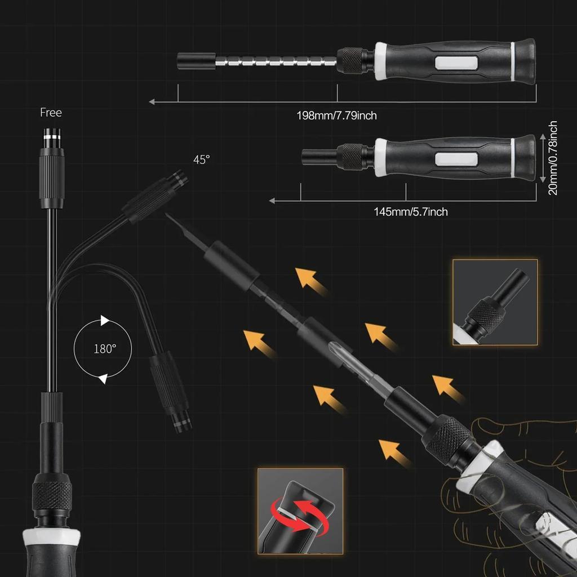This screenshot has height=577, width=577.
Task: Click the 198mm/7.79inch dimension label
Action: pos(336,116)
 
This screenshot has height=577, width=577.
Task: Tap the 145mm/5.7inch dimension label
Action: pos(411,212)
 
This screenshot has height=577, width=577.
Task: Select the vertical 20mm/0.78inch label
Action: pos(553,158)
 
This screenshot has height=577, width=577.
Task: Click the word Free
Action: pos(51,113)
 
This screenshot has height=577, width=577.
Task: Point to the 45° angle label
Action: pos(201,159)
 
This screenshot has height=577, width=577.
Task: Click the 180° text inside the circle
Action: pos(105,348)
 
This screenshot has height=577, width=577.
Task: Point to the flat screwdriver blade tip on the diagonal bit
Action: pos(172,219)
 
